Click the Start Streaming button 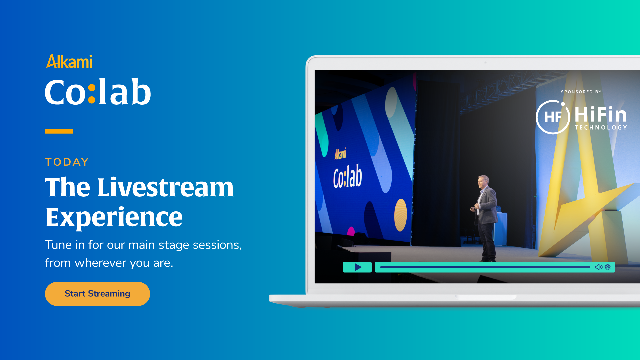97,294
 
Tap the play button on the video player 357,267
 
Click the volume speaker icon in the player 599,267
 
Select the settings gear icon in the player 608,267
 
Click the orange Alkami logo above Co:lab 69,61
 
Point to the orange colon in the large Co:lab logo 92,94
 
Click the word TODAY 67,162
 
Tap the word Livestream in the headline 165,187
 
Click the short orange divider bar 59,131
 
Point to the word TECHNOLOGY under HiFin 601,127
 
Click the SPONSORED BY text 581,92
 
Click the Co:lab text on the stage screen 347,176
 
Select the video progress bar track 485,267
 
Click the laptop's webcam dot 485,62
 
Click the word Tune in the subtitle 58,245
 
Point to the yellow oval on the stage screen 401,215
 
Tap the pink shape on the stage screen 351,231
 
